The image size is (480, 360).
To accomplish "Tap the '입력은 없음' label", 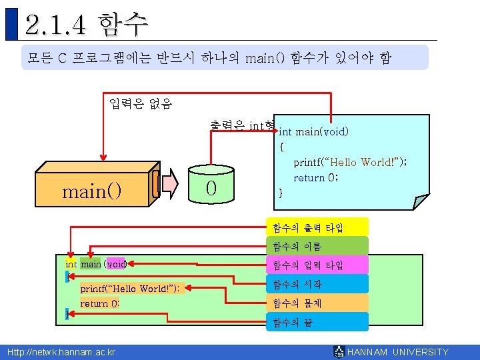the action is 140,103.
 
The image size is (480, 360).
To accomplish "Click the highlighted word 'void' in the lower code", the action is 115,264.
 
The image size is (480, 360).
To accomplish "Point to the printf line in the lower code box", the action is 129,289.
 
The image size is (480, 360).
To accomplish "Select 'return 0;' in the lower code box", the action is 100,304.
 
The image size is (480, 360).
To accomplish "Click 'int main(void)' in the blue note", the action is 313,132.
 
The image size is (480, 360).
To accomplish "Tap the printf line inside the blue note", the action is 350,163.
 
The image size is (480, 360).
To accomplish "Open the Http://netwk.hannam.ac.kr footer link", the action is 61,352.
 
